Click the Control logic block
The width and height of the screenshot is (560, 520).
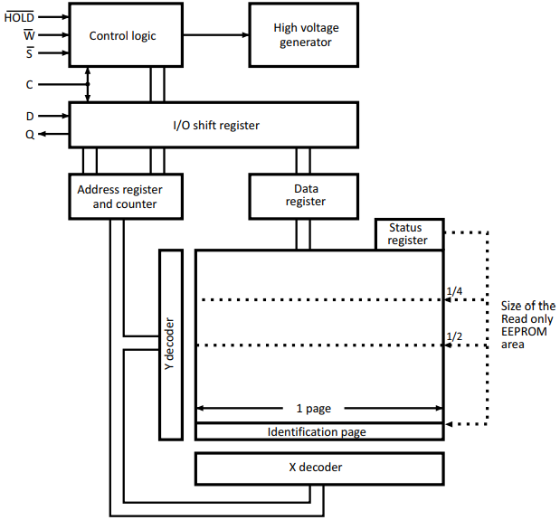pos(123,35)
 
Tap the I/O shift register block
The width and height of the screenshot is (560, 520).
pos(215,125)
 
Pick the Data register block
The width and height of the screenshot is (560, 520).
pos(305,195)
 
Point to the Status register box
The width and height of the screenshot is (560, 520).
pos(410,233)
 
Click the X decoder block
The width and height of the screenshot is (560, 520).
pos(319,468)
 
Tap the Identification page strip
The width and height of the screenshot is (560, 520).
pos(319,431)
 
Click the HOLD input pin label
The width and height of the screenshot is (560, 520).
pos(19,16)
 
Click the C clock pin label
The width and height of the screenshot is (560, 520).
pos(30,85)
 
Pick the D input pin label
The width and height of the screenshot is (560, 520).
pos(30,116)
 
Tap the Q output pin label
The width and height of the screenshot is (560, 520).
pos(30,134)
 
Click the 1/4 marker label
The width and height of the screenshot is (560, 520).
pos(454,291)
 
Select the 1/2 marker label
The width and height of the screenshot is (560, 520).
pos(454,336)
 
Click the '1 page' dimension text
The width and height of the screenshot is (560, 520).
pos(318,408)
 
